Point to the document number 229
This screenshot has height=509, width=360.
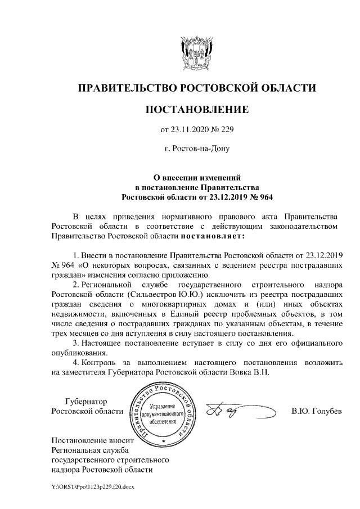[x=225, y=130]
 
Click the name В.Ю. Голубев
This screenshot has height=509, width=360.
[x=316, y=411]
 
